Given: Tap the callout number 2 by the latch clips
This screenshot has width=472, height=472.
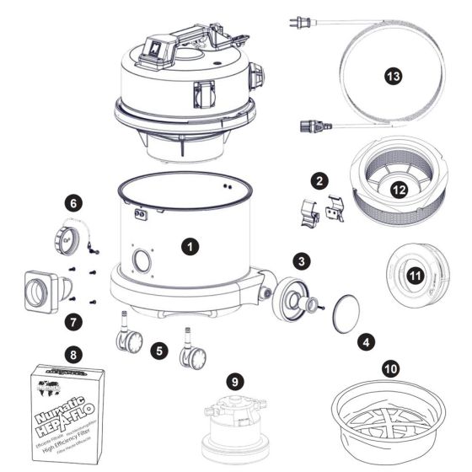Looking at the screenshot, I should [x=317, y=180].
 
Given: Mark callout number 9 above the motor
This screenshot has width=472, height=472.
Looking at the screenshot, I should [x=74, y=322].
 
